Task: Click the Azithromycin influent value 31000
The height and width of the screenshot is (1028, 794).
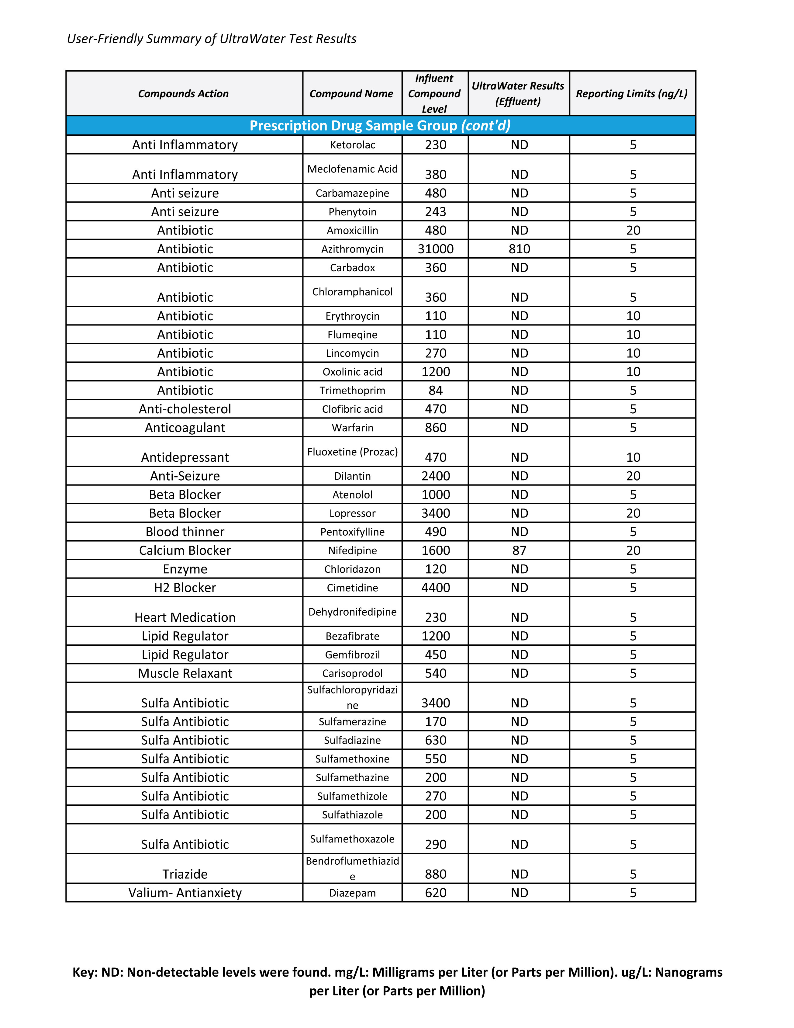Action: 436,249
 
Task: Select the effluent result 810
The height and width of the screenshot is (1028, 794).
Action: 519,249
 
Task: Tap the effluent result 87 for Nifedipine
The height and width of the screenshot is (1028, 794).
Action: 519,550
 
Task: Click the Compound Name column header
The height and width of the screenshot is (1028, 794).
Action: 351,94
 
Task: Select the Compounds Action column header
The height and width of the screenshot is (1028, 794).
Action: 183,94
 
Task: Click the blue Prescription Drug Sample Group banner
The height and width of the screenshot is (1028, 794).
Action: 380,126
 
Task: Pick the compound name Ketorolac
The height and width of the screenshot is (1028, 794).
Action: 352,145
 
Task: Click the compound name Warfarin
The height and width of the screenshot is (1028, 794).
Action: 352,428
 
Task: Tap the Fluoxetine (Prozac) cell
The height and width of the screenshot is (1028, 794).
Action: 352,452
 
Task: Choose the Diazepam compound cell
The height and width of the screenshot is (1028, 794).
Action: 352,893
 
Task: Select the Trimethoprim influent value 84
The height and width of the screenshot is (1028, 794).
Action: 436,390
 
